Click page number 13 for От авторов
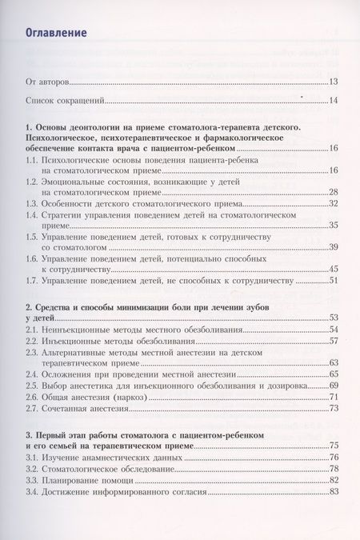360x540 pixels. [334, 82]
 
